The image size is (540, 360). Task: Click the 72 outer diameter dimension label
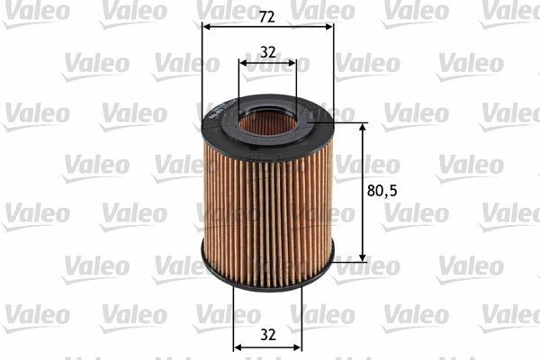pos(267,16)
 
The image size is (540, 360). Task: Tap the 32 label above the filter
pos(268,52)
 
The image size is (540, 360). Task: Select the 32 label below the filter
pos(268,335)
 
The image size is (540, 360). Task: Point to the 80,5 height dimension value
pos(382,191)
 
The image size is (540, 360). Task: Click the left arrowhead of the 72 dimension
pos(207,26)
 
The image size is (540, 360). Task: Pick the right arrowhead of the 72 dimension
pos(329,26)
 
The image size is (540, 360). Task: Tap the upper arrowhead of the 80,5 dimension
pos(362,127)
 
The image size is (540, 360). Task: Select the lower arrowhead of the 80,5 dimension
pos(362,257)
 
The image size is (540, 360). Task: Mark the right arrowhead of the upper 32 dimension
pos(292,63)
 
